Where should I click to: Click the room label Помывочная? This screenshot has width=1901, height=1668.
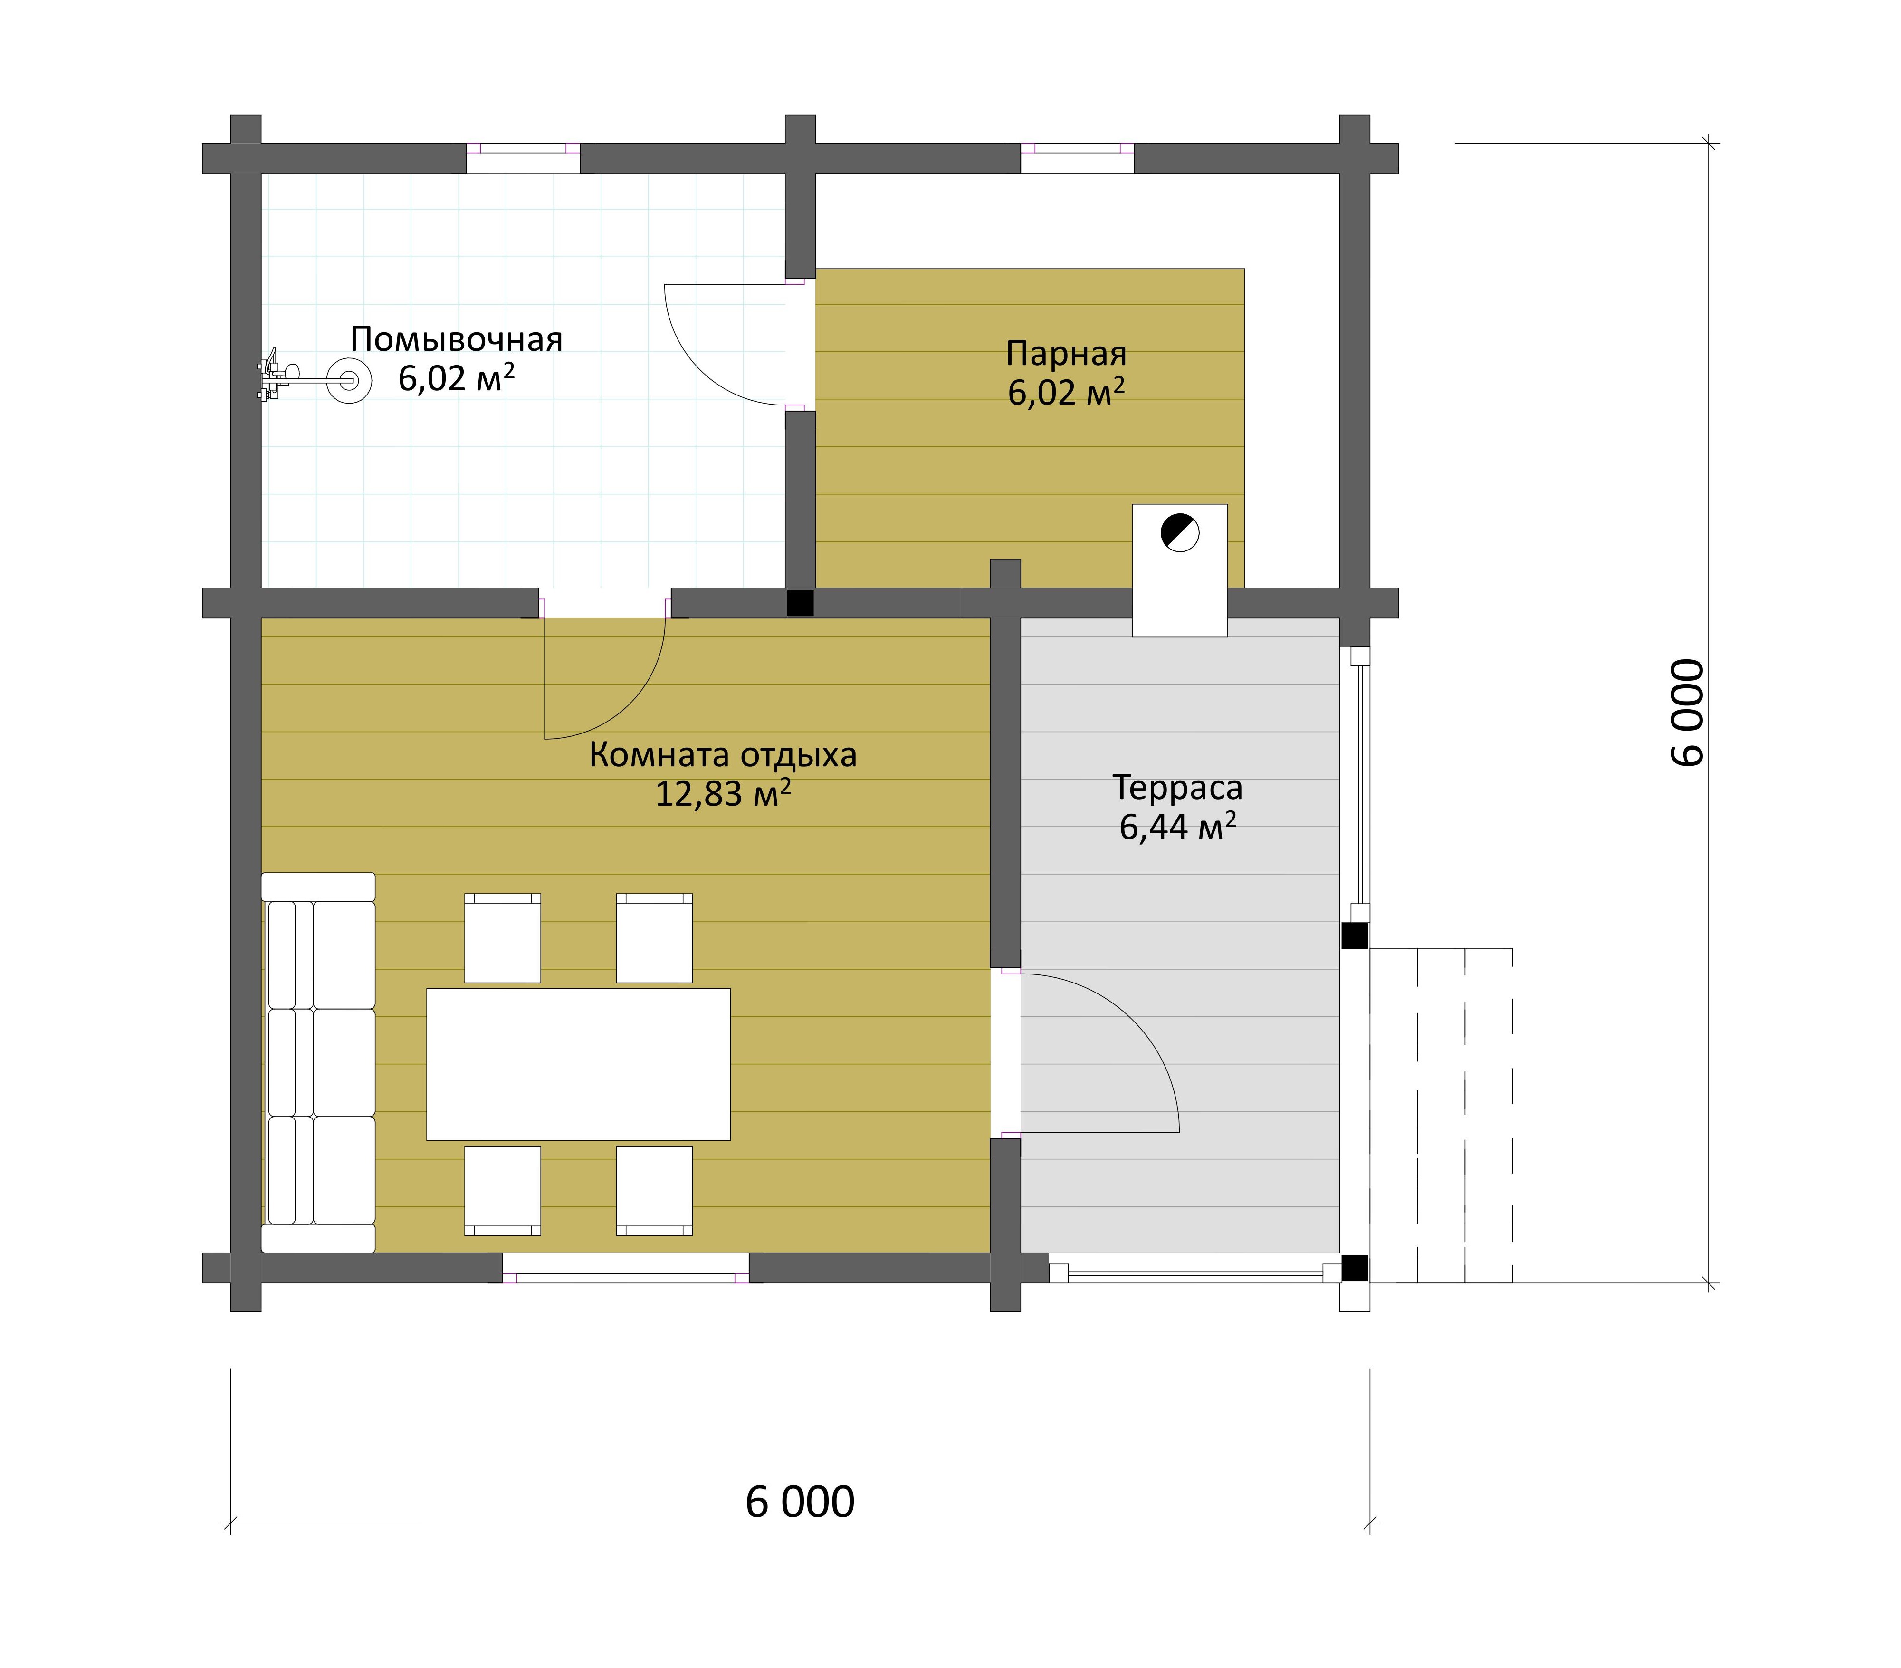(457, 339)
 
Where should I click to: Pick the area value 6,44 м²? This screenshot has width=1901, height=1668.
(1177, 826)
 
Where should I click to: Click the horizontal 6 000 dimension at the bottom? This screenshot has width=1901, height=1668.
(800, 1502)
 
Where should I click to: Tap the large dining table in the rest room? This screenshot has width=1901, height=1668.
(579, 1064)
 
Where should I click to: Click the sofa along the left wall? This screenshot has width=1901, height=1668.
(318, 1062)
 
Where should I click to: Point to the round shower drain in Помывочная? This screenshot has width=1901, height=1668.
(350, 380)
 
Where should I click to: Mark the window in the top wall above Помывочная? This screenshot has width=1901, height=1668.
(523, 158)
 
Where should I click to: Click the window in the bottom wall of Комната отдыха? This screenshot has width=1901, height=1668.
(626, 1268)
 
